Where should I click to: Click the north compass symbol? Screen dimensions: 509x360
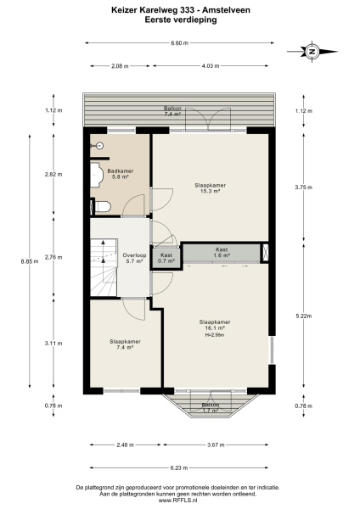[x=312, y=52]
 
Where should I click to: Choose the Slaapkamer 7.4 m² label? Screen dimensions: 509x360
[x=124, y=344]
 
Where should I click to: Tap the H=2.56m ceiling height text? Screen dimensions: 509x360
[x=213, y=334]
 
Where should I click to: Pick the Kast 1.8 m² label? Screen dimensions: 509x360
[x=222, y=251]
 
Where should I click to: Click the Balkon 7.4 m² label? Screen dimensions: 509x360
[x=173, y=111]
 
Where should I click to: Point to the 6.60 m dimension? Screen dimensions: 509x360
[x=179, y=42]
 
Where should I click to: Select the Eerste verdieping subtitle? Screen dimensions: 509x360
[x=179, y=21]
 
